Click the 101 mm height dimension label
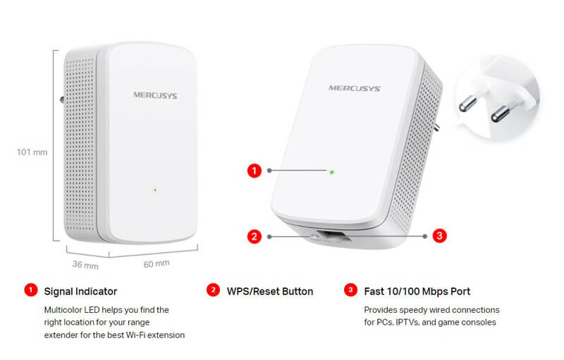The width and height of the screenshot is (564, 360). coord(32,152)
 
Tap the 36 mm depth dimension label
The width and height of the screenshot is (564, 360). coord(85,265)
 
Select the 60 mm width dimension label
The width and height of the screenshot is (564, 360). coord(157,264)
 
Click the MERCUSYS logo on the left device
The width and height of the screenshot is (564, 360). coord(155,95)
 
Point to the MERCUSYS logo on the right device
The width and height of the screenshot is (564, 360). coord(355,88)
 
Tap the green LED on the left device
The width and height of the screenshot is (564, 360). coord(155,190)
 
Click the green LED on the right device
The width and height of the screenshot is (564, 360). coord(332,173)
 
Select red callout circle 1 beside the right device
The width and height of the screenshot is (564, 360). coord(255,170)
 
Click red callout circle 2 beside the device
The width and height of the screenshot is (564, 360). coord(255,237)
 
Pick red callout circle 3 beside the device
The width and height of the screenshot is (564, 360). coord(439,236)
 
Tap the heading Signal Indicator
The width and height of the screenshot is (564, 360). coord(80,292)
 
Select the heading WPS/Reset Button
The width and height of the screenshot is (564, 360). coord(270,292)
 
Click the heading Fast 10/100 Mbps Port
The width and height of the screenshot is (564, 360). coord(417,292)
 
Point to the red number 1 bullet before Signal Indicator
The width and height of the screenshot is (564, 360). coord(31,290)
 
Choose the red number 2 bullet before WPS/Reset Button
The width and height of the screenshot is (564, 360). coord(213,290)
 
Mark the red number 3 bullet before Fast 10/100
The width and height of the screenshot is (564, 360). coord(350,290)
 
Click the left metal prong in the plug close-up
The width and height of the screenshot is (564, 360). coord(467,104)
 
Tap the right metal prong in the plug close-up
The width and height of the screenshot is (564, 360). coord(501,113)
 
